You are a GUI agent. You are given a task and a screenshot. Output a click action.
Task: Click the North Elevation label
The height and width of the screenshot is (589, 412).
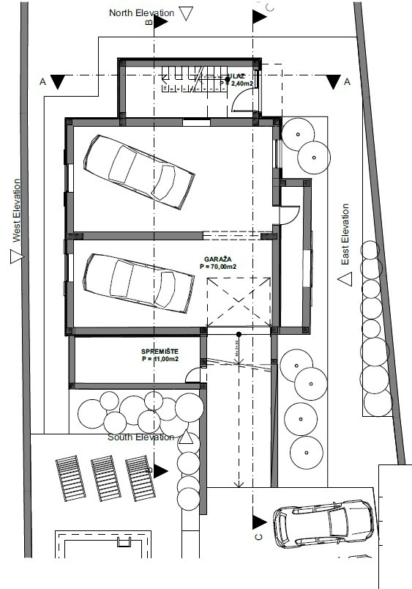[141, 13]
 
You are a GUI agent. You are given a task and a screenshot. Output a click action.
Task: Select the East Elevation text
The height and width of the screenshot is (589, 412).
[345, 234]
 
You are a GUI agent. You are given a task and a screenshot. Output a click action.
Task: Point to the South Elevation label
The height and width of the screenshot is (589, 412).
[141, 437]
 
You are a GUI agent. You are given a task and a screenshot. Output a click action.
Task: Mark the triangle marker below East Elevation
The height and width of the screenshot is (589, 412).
[346, 279]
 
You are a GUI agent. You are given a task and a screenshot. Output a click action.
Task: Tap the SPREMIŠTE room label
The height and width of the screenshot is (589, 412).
[160, 352]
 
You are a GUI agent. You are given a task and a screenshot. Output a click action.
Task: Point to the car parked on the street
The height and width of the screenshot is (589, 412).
[323, 524]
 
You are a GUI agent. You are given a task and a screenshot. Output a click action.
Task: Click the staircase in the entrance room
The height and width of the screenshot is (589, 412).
[182, 79]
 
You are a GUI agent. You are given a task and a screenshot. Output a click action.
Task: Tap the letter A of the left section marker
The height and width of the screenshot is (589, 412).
[42, 82]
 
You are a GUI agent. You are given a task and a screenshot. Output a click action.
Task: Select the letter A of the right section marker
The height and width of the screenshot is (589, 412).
[347, 81]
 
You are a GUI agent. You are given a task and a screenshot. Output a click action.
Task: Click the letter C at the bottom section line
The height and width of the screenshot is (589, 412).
[259, 538]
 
